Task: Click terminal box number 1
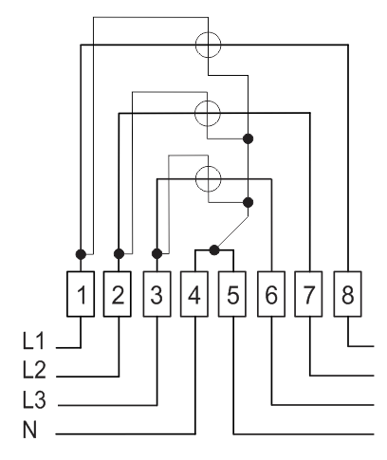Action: pos(81,294)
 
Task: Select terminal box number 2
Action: pos(118,294)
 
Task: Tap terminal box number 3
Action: pos(157,294)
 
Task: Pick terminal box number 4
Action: pos(194,294)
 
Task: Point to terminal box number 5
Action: pos(232,294)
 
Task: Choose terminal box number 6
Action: pos(271,294)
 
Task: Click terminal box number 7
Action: pos(308,294)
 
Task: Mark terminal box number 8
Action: pos(348,294)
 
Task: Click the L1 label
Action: pos(34,340)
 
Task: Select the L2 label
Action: pos(34,370)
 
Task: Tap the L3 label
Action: pos(34,399)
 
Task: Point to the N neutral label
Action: pos(29,430)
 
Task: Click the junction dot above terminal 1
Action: pos(81,254)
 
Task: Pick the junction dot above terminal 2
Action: pos(119,253)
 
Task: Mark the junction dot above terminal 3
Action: pos(157,253)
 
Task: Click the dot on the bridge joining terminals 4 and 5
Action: pos(214,250)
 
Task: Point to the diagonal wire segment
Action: pos(232,232)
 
